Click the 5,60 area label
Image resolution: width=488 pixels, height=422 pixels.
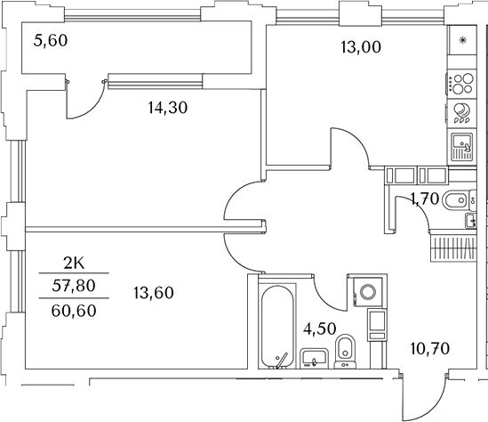click(50, 39)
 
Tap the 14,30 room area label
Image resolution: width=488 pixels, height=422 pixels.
click(169, 109)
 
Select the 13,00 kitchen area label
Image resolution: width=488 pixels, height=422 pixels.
click(361, 48)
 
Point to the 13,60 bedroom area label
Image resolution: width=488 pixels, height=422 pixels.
click(154, 291)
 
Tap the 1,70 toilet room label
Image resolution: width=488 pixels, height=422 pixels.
click(423, 201)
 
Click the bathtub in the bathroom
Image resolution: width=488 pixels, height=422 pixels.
click(276, 327)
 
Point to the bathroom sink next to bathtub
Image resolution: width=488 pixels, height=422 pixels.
click(312, 359)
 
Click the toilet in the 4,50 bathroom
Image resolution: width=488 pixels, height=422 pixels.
click(347, 353)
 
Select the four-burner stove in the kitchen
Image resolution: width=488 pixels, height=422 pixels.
click(462, 84)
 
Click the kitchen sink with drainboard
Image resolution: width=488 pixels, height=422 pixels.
click(462, 145)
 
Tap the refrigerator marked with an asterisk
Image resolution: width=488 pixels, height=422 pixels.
click(462, 41)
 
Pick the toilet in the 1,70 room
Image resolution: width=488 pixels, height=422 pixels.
click(455, 199)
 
